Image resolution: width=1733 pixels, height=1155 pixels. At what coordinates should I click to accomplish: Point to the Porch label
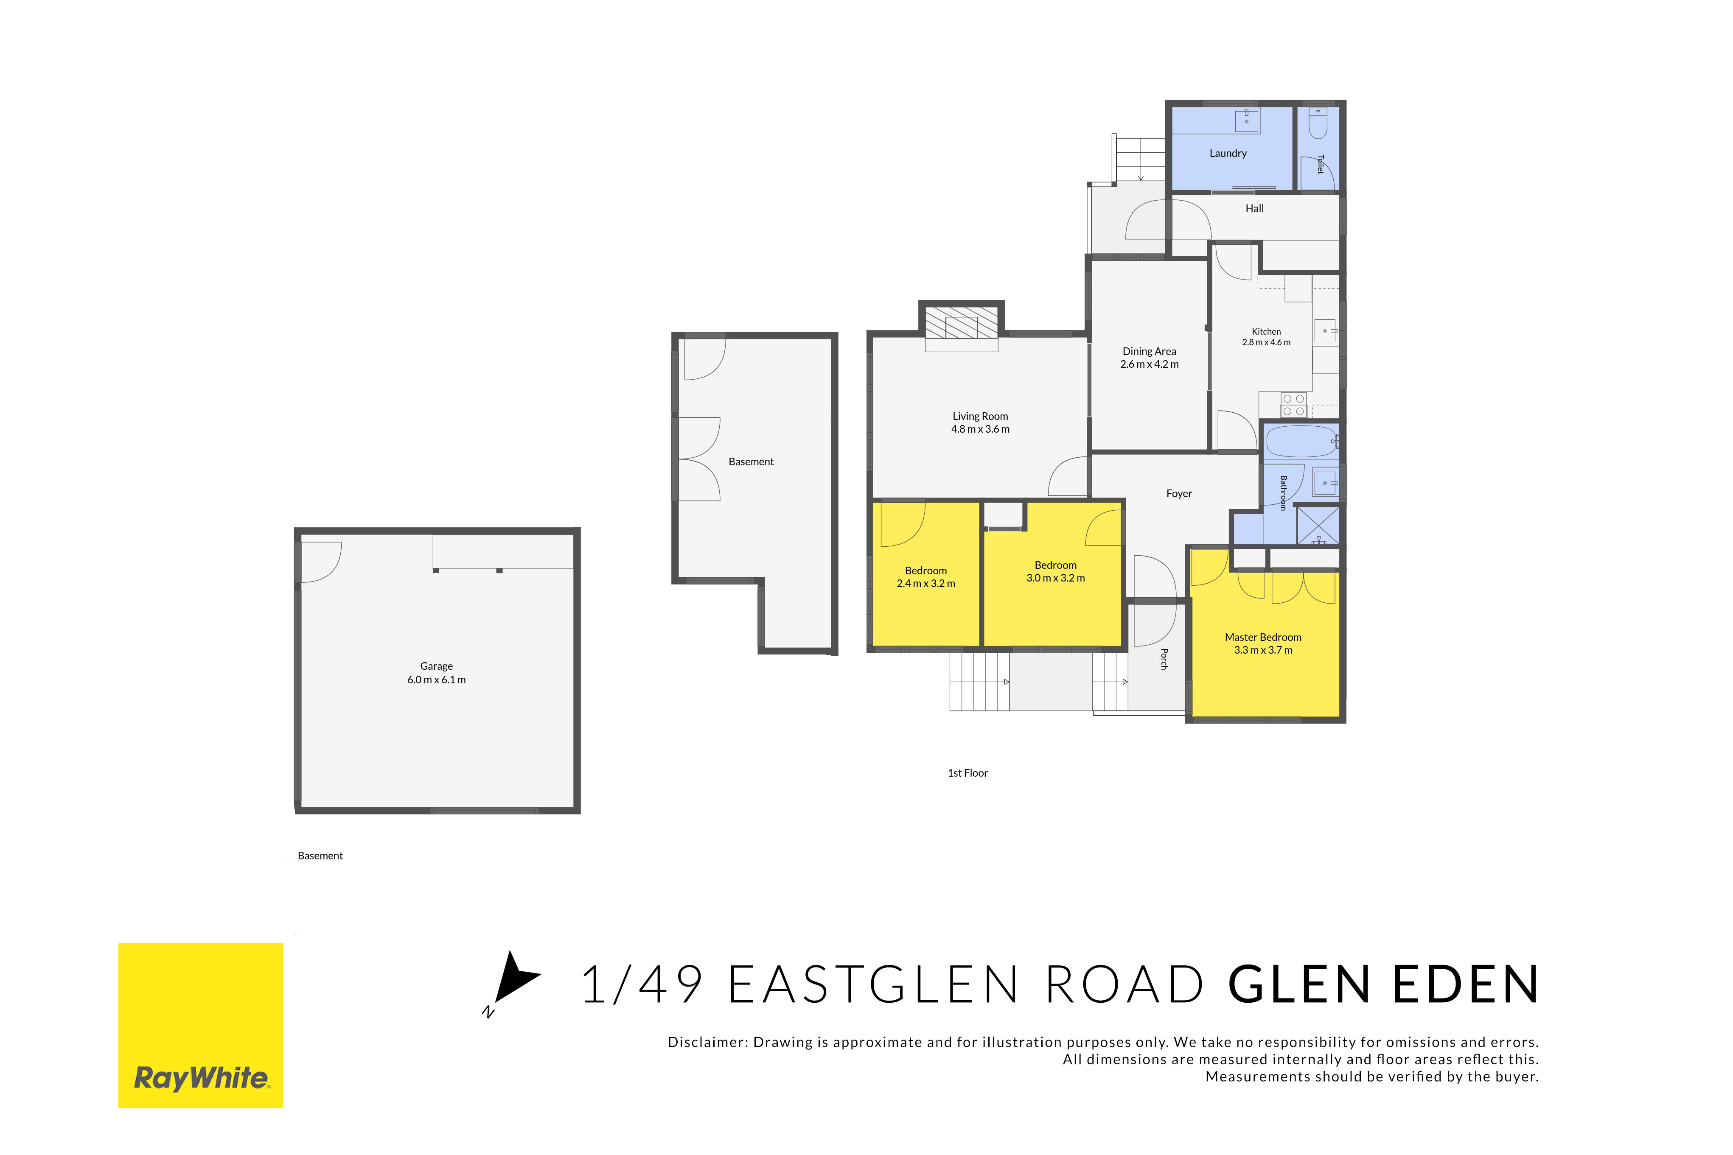click(1164, 659)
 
